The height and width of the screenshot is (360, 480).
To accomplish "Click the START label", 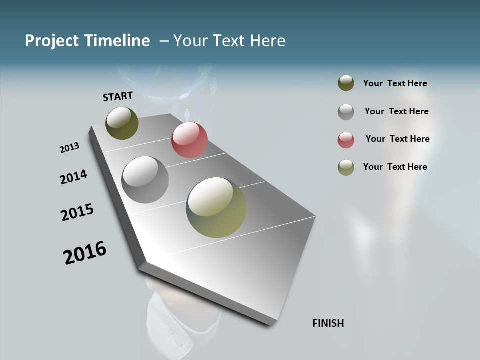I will tap(118, 96).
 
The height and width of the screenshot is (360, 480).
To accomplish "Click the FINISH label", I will tap(328, 323).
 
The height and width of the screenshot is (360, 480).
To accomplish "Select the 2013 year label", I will tap(69, 148).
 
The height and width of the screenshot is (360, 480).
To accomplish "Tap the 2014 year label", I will tap(73, 177).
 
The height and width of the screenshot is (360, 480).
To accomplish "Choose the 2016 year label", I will tap(85, 252).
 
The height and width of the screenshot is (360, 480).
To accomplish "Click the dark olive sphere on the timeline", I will tap(122, 123).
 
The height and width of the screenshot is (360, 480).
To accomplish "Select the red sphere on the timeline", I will tap(189, 140).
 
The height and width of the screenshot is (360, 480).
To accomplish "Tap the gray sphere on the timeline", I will tap(145, 180).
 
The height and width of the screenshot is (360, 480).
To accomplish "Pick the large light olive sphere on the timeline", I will tap(216, 207).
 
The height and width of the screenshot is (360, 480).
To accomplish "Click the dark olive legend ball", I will tap(346, 83).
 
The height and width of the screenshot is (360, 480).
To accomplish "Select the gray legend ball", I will tap(346, 112).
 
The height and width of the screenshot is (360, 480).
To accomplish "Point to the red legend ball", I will tap(346, 140).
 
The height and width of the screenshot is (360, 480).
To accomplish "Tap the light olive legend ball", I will tap(346, 167).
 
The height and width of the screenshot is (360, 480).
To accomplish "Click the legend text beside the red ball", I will tap(397, 139).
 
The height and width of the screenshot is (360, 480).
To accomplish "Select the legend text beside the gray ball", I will tap(396, 111).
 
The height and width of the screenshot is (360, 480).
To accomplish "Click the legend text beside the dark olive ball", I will tap(395, 83).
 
